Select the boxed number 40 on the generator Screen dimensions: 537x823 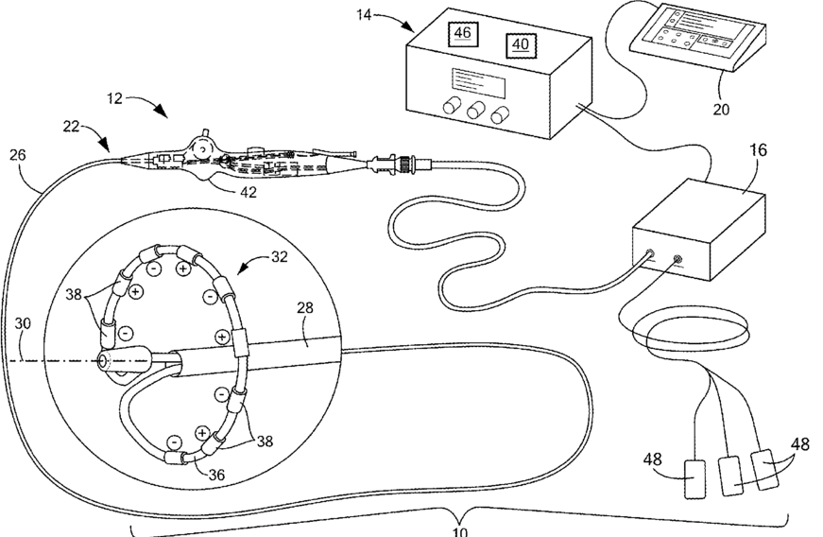(520, 44)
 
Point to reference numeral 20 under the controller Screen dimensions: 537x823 (721, 109)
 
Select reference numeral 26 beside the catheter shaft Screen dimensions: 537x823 (16, 155)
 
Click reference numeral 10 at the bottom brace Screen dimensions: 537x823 (460, 530)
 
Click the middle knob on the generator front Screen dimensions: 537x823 (473, 113)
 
